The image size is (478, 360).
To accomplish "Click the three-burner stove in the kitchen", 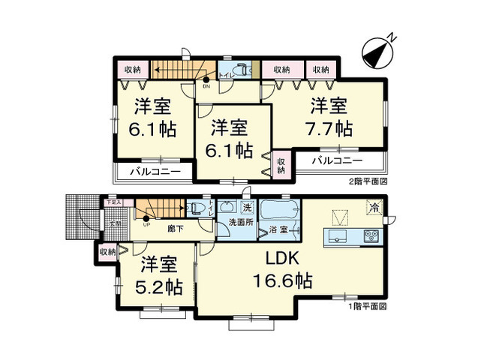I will (372, 237).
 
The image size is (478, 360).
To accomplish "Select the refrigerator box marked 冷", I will (372, 207).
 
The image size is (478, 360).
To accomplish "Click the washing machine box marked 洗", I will (247, 207).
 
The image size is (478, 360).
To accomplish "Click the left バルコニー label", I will (154, 172).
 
